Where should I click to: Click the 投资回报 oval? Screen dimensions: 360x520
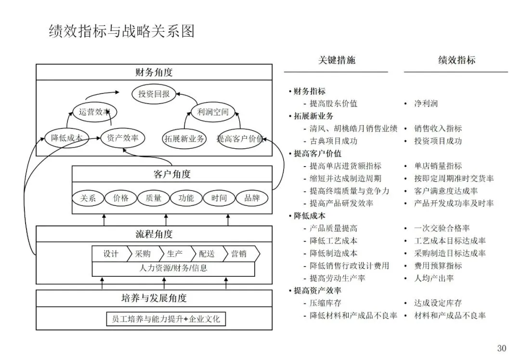point(154,94)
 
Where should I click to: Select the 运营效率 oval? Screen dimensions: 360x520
point(95,112)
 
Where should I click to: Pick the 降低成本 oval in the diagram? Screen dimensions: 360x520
point(66,138)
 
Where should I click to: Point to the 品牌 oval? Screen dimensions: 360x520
point(252,198)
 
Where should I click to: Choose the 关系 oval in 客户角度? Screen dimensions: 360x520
point(88,198)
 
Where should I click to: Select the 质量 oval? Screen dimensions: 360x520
point(154,198)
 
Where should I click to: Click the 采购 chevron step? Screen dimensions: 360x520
point(143,254)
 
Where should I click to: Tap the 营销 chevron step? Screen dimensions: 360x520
point(239,254)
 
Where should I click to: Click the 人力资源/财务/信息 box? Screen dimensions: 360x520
point(173,269)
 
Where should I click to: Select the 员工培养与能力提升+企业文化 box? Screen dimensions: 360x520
point(166,319)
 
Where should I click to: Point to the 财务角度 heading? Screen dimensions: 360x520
point(154,73)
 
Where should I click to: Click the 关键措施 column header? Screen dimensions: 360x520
point(337,60)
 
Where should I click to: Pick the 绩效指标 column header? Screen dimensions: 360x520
point(456,60)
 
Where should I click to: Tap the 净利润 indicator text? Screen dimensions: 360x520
point(426,103)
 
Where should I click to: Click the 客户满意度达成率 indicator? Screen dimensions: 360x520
point(446,191)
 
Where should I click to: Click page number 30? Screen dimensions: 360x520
point(502,348)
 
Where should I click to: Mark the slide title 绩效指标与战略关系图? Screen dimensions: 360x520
point(121,31)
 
